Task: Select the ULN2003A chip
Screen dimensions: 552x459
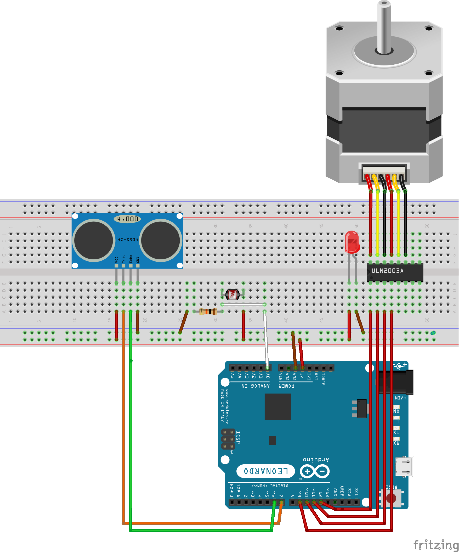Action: point(395,272)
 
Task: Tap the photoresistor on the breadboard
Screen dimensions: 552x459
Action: point(233,294)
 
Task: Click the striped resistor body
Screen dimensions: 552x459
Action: point(208,312)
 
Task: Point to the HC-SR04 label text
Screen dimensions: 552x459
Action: point(127,240)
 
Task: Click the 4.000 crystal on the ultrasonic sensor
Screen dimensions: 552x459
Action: point(127,219)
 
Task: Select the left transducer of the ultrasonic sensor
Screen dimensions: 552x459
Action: point(93,240)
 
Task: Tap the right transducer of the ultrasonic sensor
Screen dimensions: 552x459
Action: point(160,240)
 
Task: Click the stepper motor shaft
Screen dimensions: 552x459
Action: point(384,26)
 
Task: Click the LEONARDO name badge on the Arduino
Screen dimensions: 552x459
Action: point(265,471)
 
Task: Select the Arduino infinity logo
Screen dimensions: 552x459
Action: point(315,471)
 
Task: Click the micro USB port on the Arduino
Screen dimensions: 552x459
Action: point(404,467)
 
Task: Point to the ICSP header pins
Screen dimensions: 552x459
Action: point(228,439)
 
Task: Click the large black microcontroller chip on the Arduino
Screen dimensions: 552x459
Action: point(278,407)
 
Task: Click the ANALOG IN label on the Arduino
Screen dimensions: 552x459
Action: point(256,386)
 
